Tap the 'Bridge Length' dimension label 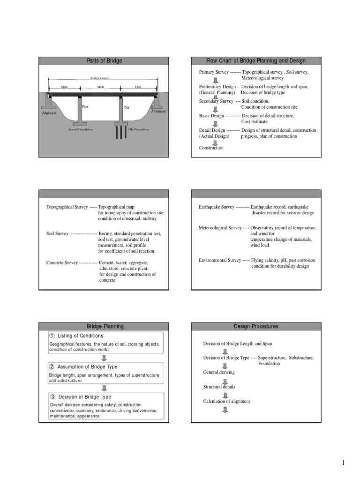[100, 78]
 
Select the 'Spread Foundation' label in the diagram [81, 129]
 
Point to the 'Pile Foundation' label [138, 129]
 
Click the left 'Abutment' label [49, 113]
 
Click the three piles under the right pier [121, 132]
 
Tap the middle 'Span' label [100, 87]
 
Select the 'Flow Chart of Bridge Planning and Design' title [255, 61]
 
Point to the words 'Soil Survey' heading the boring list [58, 233]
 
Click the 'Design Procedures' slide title [255, 326]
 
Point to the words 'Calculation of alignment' [226, 401]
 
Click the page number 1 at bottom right [343, 463]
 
